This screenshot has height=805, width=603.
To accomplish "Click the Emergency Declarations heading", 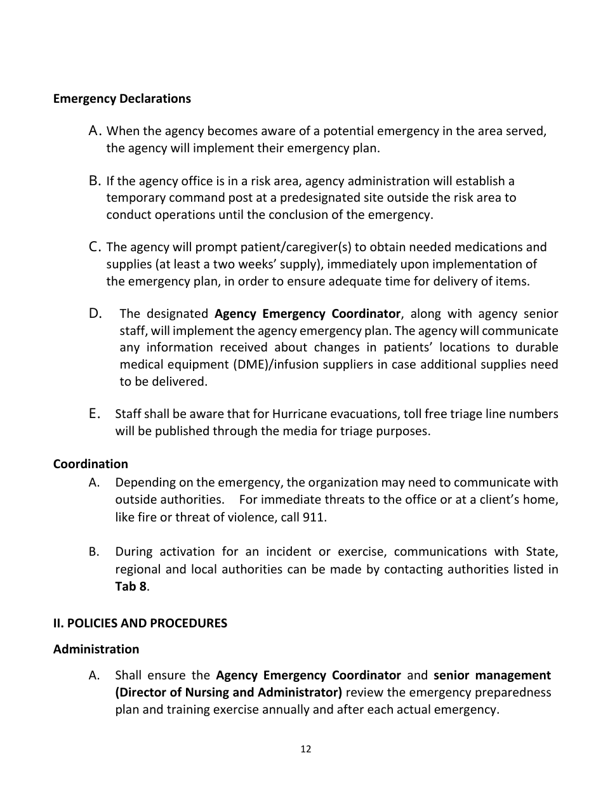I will pyautogui.click(x=122, y=99).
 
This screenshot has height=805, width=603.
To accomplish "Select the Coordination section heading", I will pyautogui.click(x=90, y=464).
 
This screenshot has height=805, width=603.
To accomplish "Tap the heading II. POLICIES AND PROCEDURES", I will pyautogui.click(x=140, y=623).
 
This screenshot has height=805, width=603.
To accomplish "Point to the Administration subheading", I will pyautogui.click(x=96, y=649).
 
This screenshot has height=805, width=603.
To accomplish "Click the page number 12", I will pyautogui.click(x=305, y=749).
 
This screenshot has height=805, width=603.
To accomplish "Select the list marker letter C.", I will pyautogui.click(x=95, y=246).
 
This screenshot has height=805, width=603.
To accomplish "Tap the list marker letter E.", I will pyautogui.click(x=95, y=414).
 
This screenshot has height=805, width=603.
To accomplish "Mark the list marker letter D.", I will pyautogui.click(x=95, y=313).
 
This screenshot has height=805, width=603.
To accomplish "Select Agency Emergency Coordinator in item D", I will pyautogui.click(x=307, y=313).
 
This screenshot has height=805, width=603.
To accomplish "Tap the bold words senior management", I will pyautogui.click(x=492, y=675).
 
